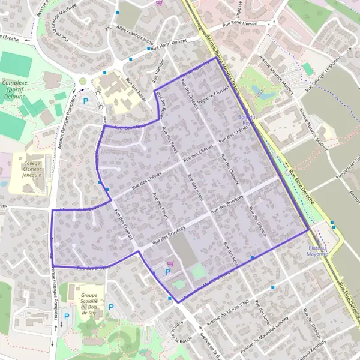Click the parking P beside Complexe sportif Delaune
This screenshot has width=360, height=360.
(x=85, y=101)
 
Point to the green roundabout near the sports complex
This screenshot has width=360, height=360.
(x=83, y=81)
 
